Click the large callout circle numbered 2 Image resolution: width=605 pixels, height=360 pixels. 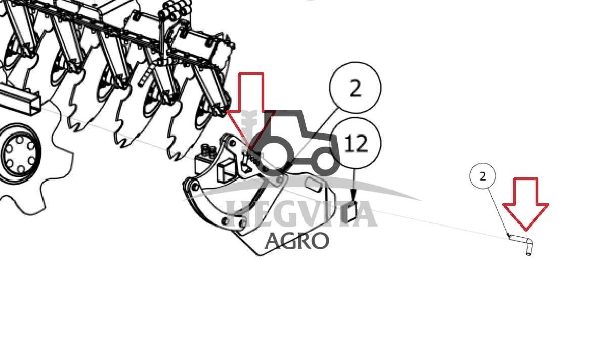coord(355,87)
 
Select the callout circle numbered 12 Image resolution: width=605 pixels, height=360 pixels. coord(355,143)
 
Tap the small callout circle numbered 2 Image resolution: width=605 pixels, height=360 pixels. coord(483,176)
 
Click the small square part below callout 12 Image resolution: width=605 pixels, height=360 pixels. coord(351,212)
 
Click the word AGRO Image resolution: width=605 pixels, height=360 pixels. coord(297,241)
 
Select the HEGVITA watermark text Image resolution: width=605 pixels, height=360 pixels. coord(301,214)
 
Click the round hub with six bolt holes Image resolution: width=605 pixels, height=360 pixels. coord(19,153)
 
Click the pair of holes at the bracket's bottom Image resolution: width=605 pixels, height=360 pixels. coord(234,221)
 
